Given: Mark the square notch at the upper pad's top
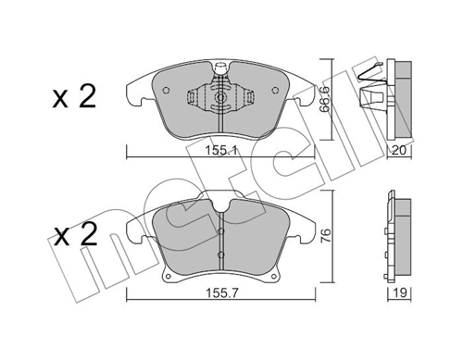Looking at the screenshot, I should [221, 68].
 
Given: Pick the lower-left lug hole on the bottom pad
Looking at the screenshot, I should [166, 274].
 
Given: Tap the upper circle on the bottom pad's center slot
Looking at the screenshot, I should [222, 217].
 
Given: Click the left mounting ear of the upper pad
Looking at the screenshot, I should [133, 90].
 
